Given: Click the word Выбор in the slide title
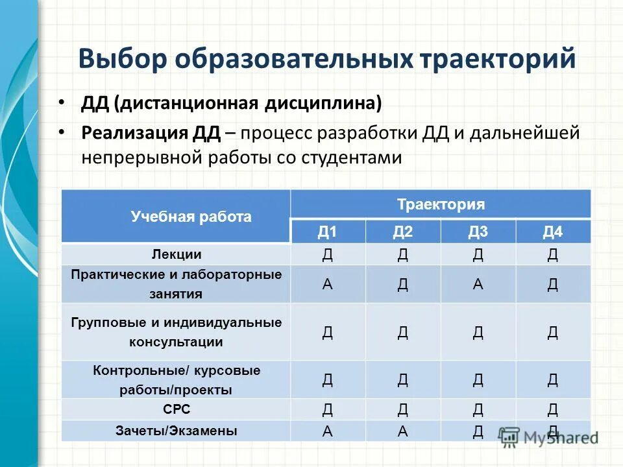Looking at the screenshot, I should click(x=124, y=58).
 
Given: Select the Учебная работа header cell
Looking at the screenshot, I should click(x=191, y=217).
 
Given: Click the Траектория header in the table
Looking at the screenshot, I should click(x=441, y=205).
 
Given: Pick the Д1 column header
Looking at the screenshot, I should click(x=327, y=232).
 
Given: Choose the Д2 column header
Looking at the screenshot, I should click(x=402, y=232).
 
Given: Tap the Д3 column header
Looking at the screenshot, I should click(x=478, y=232).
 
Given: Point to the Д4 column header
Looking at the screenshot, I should click(x=553, y=232).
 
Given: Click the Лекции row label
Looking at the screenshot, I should click(x=177, y=254).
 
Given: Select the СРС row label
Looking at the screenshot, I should click(x=177, y=409).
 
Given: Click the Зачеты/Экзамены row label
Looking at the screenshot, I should click(x=177, y=430).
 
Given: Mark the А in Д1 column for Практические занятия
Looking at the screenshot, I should click(x=328, y=284).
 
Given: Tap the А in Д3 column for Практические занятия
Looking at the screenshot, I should click(x=478, y=284).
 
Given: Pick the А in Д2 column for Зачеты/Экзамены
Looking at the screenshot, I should click(x=403, y=431).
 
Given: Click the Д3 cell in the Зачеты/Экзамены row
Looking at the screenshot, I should click(x=478, y=431).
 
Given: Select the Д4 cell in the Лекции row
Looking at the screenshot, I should click(x=553, y=255).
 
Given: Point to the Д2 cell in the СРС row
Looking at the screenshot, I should click(x=403, y=409).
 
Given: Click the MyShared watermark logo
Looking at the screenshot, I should click(x=548, y=437).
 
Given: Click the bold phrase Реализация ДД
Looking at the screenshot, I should click(x=151, y=133).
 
